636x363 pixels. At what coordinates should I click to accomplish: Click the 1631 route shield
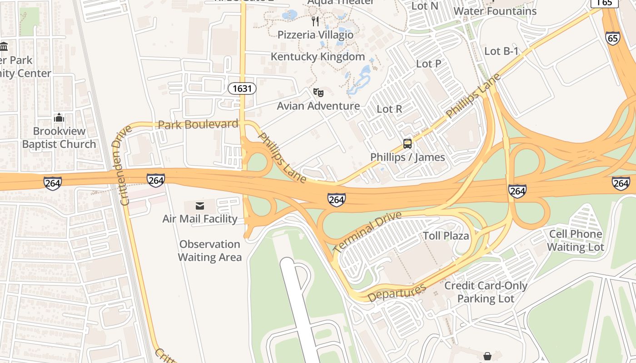pyautogui.click(x=242, y=88)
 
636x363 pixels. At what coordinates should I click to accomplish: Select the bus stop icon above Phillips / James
pyautogui.click(x=407, y=144)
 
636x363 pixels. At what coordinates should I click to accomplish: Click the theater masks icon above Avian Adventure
pyautogui.click(x=318, y=93)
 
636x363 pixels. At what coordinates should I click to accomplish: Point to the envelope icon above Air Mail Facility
pyautogui.click(x=199, y=206)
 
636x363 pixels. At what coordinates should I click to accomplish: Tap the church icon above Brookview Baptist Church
pyautogui.click(x=59, y=118)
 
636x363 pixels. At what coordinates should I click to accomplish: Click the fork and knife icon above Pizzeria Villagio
pyautogui.click(x=315, y=21)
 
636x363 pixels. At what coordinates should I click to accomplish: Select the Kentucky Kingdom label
pyautogui.click(x=318, y=57)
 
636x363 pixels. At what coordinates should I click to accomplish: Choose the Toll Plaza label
pyautogui.click(x=446, y=236)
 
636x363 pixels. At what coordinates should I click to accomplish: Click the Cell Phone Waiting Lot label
pyautogui.click(x=575, y=240)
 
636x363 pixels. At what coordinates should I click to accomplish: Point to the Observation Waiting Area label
pyautogui.click(x=209, y=250)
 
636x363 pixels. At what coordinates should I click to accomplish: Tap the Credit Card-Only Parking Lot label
pyautogui.click(x=485, y=292)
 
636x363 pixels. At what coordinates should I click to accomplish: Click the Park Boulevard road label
pyautogui.click(x=198, y=124)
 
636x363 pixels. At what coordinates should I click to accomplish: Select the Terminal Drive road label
pyautogui.click(x=368, y=232)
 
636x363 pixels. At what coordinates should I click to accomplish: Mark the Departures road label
pyautogui.click(x=397, y=293)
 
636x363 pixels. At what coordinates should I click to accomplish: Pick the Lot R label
pyautogui.click(x=389, y=109)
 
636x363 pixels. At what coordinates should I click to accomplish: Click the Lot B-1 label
pyautogui.click(x=501, y=51)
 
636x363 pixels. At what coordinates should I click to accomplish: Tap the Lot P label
pyautogui.click(x=428, y=64)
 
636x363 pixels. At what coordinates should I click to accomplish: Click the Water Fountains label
pyautogui.click(x=495, y=11)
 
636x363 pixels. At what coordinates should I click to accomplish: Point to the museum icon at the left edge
pyautogui.click(x=4, y=46)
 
